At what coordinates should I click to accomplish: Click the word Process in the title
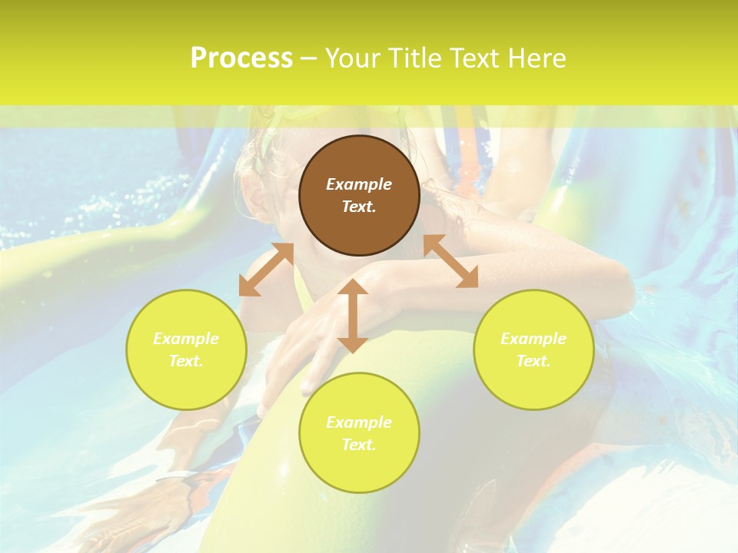[x=241, y=58]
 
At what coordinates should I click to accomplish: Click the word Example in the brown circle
[x=359, y=184]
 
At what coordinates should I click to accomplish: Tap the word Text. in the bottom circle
[x=359, y=445]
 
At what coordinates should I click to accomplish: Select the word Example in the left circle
[x=186, y=339]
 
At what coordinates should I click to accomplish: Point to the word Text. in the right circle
[x=534, y=361]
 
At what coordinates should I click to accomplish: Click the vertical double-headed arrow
[x=353, y=316]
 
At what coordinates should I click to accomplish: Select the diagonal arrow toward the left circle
[x=266, y=270]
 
